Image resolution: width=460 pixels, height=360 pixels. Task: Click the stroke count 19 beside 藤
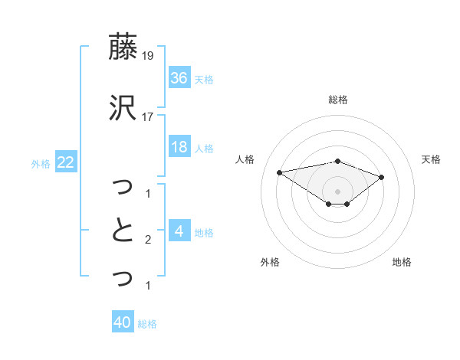147,56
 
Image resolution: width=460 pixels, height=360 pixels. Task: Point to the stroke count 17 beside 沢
147,116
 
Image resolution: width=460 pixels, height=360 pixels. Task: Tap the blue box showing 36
179,77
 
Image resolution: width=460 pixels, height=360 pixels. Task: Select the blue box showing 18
179,147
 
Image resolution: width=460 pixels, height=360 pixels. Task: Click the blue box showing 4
179,231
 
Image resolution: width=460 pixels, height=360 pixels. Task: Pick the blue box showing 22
66,162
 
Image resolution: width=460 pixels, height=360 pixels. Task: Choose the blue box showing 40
123,322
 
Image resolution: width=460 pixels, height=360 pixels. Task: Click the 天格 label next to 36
204,79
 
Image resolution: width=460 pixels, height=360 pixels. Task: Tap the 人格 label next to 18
204,149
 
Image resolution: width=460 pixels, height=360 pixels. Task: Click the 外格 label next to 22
41,163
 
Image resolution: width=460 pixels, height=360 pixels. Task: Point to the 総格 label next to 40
147,324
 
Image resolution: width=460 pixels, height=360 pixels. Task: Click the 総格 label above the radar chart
337,100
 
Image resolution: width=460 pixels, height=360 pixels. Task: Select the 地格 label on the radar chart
402,262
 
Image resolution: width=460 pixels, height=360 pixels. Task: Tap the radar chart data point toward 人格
279,172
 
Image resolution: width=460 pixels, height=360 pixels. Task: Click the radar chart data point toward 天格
381,177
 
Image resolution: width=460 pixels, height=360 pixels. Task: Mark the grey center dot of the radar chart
337,191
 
